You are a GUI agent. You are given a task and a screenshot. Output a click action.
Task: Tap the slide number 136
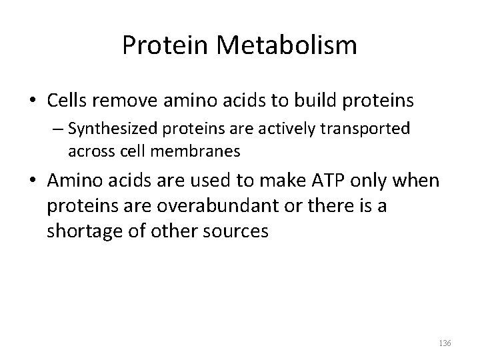click(x=445, y=343)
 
